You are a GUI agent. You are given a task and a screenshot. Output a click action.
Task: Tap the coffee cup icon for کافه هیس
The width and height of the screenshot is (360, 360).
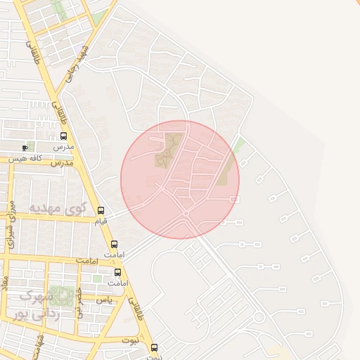[26, 148]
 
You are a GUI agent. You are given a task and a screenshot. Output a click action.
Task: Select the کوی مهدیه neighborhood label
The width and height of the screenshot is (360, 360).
[58, 207]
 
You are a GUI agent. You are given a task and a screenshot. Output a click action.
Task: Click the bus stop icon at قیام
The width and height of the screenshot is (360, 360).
[101, 210]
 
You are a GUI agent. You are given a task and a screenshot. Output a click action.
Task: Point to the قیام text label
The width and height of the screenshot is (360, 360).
[101, 221]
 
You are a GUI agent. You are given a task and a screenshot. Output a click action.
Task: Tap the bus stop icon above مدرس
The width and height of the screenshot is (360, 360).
[64, 136]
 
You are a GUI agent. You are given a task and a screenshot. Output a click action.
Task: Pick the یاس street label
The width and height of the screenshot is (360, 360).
[104, 300]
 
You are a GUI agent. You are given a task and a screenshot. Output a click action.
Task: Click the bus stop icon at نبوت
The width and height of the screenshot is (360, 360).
[155, 347]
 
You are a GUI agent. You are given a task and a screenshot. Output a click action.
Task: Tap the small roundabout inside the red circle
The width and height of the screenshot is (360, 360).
[185, 212]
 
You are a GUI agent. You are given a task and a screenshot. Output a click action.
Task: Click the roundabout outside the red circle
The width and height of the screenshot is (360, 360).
[259, 317]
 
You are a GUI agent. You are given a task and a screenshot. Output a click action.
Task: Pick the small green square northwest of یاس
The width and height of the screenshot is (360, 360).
[98, 279]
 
